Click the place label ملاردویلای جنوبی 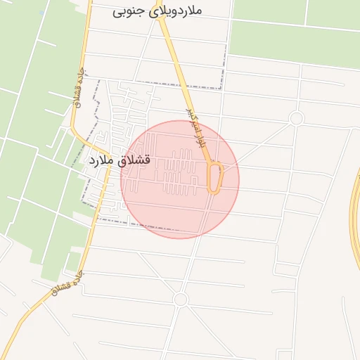(157, 12)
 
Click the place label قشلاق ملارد (120, 160)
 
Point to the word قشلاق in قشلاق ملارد (136, 160)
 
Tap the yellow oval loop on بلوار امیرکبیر (215, 178)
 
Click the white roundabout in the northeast (296, 119)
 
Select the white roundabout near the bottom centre (181, 300)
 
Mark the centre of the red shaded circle (180, 179)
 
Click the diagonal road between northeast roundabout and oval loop (257, 145)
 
